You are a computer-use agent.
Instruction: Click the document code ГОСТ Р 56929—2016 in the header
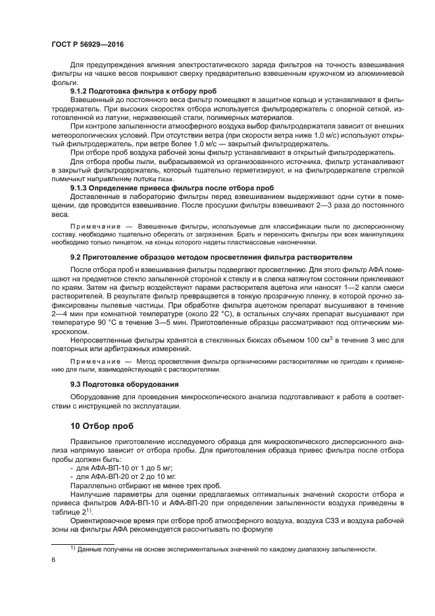[x=87, y=44]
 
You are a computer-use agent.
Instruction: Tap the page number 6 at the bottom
[x=53, y=560]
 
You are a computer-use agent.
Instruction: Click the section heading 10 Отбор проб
[x=102, y=426]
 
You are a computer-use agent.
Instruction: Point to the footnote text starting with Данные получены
[x=217, y=549]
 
